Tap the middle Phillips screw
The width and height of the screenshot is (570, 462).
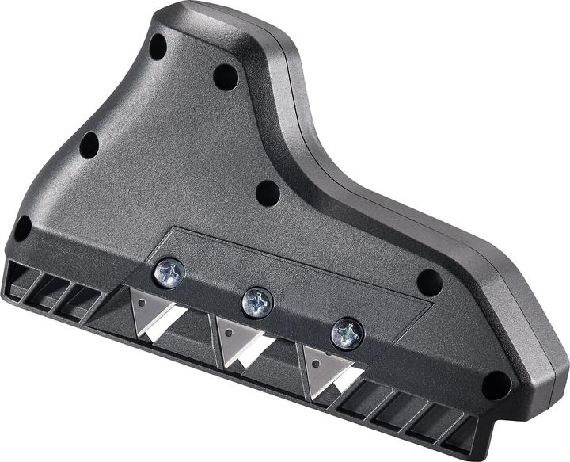[x=257, y=302]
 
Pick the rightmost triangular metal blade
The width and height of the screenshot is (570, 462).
[x=320, y=368]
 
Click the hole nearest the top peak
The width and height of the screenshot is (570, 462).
[x=158, y=46]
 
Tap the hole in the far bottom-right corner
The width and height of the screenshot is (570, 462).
[x=496, y=385]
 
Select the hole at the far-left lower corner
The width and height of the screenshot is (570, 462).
[x=22, y=228]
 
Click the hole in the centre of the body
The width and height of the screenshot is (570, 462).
[x=268, y=193]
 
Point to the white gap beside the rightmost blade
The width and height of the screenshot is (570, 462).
[x=346, y=379]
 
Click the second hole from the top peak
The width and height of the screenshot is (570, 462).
[x=225, y=77]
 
